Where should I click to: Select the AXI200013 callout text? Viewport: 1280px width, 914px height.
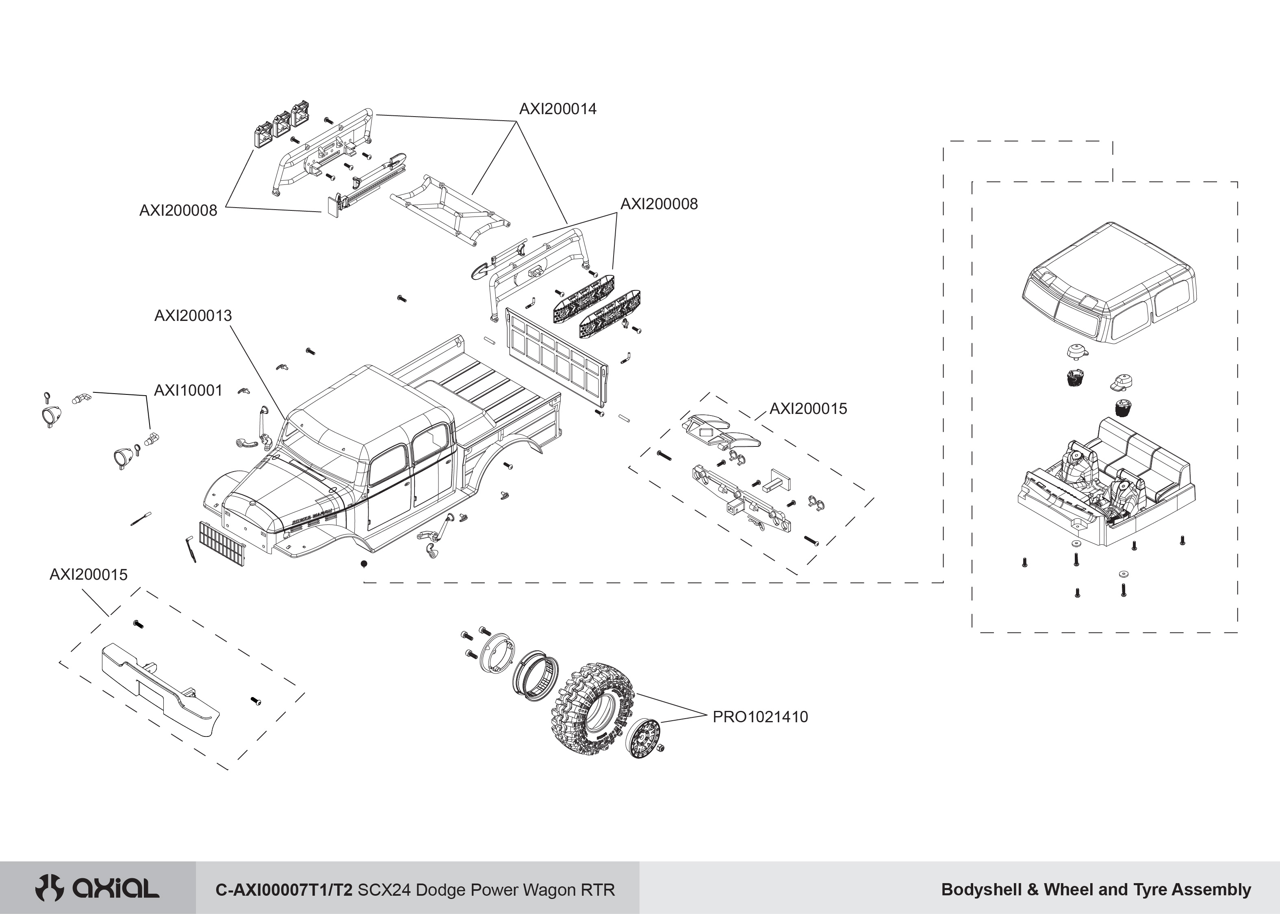pyautogui.click(x=193, y=316)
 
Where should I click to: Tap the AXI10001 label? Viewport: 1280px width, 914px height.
pyautogui.click(x=189, y=391)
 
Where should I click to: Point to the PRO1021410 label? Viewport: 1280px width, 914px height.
pyautogui.click(x=760, y=717)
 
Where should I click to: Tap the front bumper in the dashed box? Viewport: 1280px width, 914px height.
pyautogui.click(x=161, y=689)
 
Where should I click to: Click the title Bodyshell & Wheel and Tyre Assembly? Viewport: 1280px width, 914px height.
pyautogui.click(x=1096, y=890)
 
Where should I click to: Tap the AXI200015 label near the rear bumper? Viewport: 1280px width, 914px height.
pyautogui.click(x=808, y=409)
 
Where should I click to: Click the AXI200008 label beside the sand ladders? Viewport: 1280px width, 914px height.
pyautogui.click(x=659, y=204)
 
